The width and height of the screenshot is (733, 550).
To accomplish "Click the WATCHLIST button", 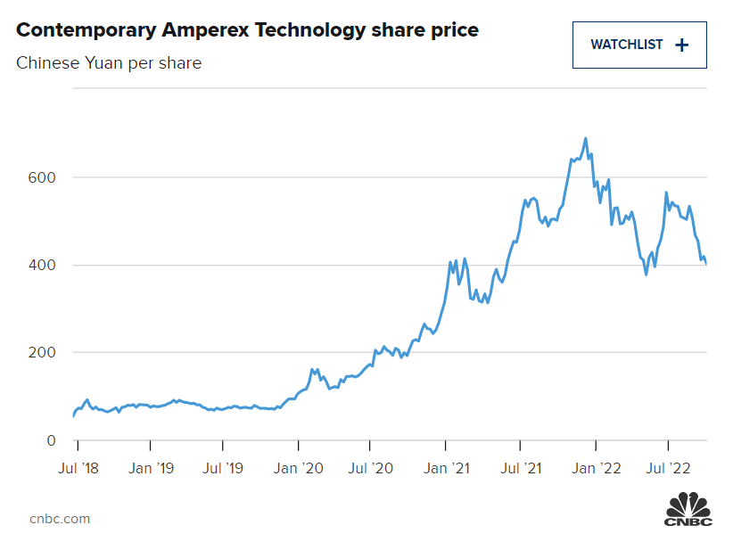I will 638,45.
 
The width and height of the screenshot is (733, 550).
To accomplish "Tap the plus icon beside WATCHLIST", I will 682,45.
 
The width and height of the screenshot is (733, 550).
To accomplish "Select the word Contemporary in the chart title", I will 86,30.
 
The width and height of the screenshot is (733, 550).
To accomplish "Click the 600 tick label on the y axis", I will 43,177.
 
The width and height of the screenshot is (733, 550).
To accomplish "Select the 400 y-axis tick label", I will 43,266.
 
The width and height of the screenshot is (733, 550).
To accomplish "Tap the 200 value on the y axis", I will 43,353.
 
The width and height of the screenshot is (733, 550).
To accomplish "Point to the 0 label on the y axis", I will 51,440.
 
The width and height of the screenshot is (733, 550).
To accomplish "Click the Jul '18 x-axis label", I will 78,466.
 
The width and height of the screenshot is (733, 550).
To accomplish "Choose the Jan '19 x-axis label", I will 151,466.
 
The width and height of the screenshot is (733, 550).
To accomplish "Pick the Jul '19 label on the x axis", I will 223,466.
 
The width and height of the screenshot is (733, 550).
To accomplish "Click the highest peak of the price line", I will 585,138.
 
